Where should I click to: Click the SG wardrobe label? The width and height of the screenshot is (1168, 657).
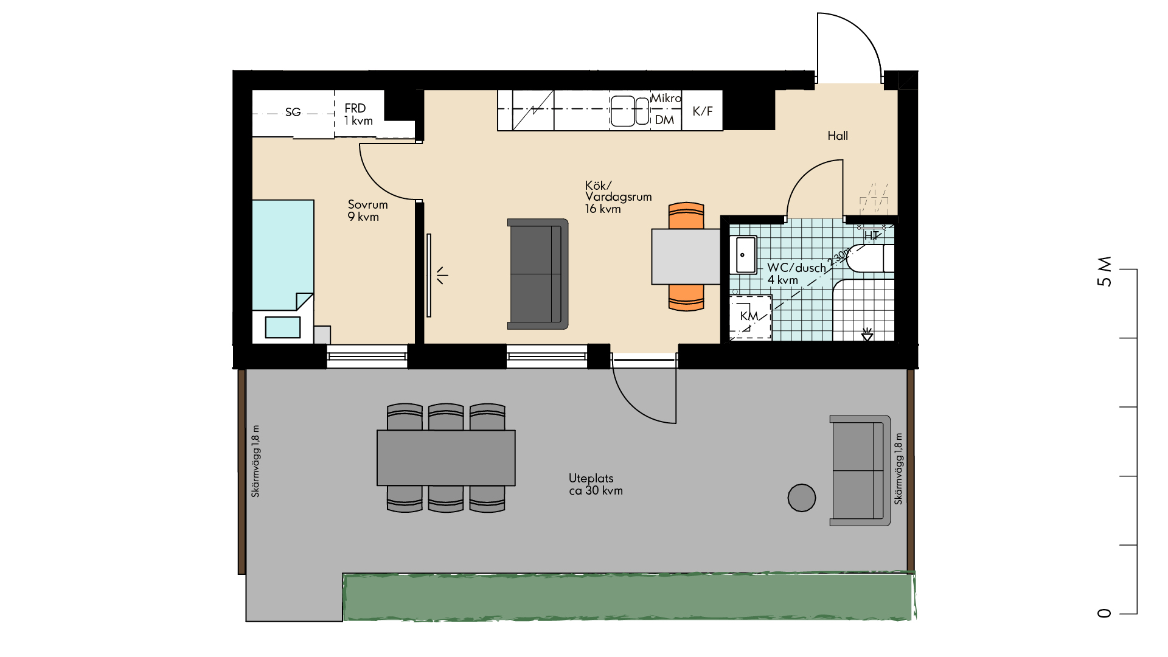point(293,112)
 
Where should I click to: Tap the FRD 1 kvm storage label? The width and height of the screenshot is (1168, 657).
point(358,114)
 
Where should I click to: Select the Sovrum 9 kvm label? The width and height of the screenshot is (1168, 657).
point(367,210)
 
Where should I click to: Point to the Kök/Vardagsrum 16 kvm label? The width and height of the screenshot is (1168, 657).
point(618,196)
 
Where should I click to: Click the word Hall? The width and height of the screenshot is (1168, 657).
point(838,136)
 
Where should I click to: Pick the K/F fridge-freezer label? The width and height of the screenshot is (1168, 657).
point(703,111)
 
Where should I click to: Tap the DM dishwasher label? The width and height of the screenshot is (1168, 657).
point(664,120)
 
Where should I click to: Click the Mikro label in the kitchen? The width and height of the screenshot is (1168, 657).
point(666,98)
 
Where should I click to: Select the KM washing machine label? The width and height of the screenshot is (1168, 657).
point(749,316)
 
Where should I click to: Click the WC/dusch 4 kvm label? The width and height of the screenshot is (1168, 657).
point(796,274)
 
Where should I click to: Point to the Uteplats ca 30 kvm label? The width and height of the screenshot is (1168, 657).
point(596,484)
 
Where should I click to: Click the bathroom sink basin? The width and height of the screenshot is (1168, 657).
point(743,255)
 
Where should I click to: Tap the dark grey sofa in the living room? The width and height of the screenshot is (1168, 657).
point(538,274)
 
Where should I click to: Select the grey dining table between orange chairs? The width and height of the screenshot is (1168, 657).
point(686,257)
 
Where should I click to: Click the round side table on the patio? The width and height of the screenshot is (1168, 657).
point(802,498)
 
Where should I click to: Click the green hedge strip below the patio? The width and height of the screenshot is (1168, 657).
point(629,597)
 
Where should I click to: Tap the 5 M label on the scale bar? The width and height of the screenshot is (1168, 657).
point(1104,271)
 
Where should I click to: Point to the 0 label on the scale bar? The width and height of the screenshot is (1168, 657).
point(1104,613)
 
